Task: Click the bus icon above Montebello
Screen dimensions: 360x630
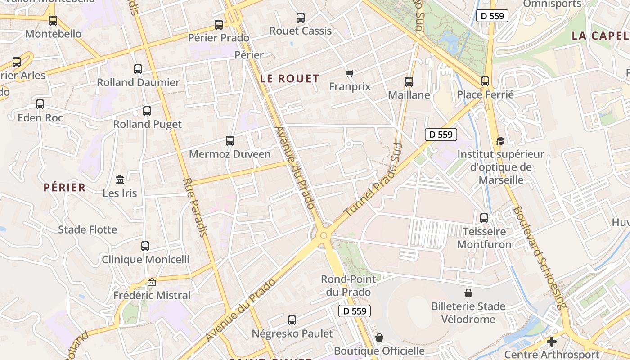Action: point(53,20)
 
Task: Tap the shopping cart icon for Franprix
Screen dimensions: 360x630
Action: point(350,73)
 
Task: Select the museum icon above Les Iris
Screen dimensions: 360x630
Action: point(120,180)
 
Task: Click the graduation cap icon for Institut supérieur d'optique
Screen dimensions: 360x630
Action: point(500,141)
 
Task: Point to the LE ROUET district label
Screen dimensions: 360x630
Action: point(289,79)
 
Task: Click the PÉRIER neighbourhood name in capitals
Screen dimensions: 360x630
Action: point(64,188)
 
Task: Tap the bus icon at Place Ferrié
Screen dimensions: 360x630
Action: point(485,81)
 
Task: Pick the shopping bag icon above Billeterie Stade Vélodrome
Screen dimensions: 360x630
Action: point(468,293)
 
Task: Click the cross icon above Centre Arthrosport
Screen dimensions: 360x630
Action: point(552,341)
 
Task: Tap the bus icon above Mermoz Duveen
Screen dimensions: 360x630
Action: point(230,141)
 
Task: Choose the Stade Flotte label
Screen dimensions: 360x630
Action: point(87,229)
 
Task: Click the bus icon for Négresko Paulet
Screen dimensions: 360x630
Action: point(292,320)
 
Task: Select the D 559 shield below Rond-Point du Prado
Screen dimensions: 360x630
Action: point(354,310)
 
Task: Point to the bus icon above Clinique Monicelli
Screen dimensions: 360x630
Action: point(145,246)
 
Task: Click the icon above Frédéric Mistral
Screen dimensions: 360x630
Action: point(152,282)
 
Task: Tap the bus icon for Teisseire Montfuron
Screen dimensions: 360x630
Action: point(484,218)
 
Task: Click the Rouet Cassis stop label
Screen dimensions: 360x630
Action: point(300,31)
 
